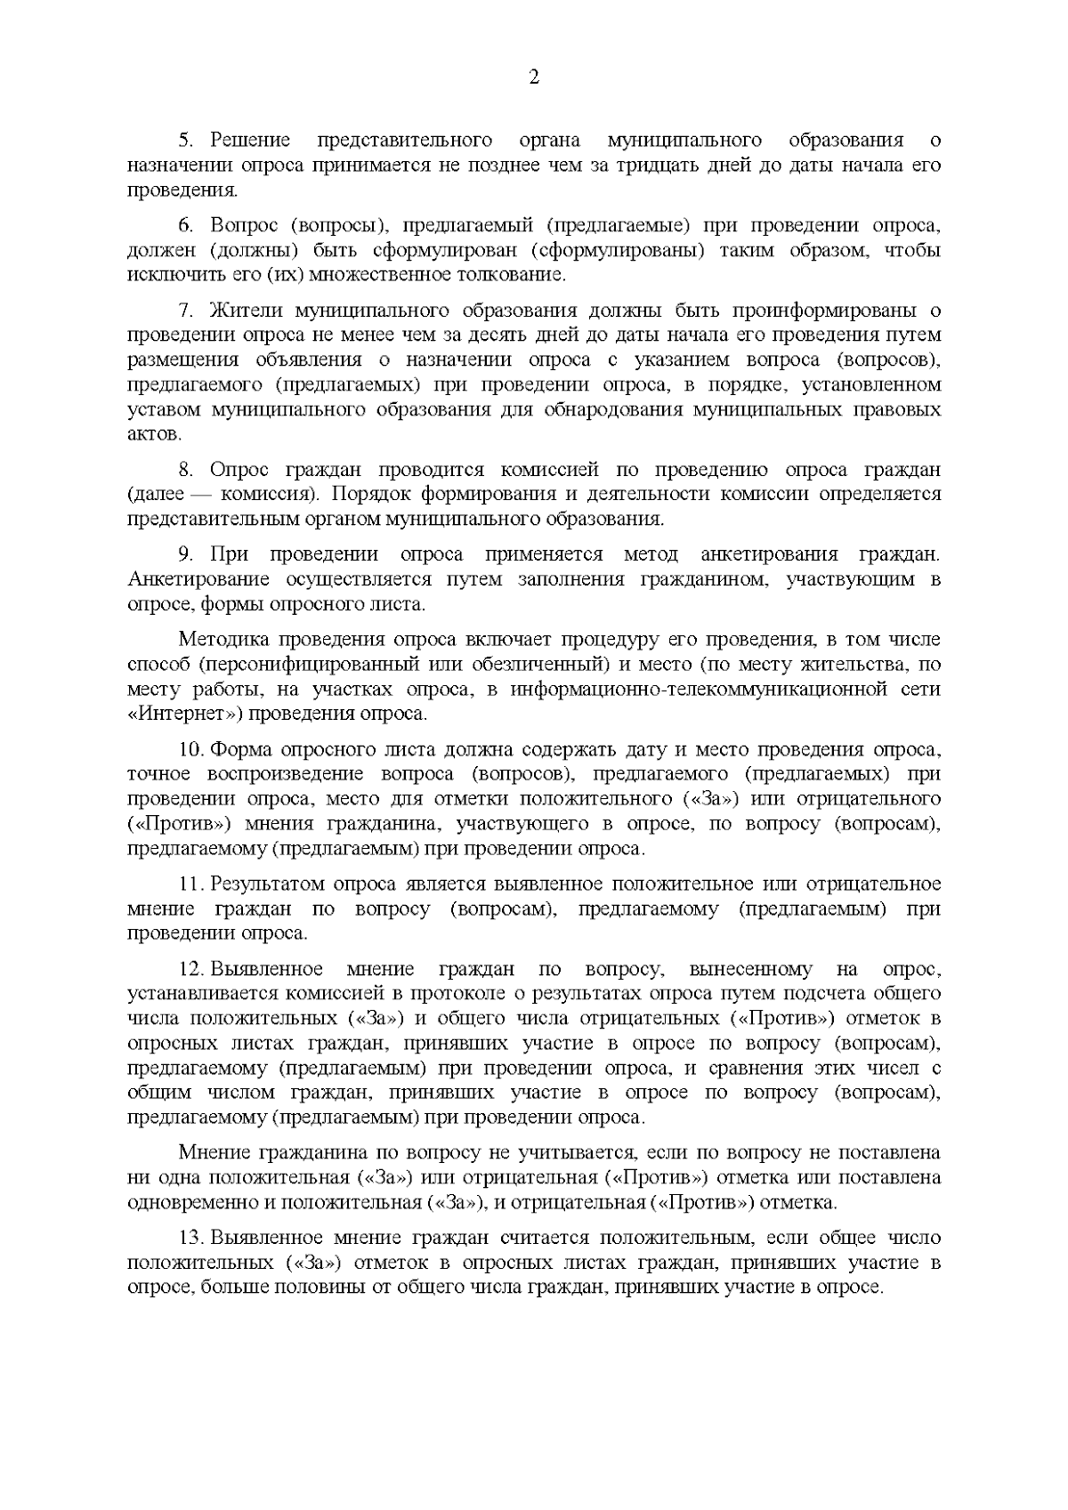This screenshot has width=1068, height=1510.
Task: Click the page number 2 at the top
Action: [534, 77]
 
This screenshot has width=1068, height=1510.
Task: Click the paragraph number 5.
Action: [185, 140]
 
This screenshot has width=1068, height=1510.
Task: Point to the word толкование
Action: [521, 274]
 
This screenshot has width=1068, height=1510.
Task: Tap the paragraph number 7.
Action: [185, 311]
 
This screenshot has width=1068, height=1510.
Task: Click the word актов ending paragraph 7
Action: [154, 435]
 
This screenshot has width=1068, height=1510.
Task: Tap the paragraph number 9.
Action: [185, 554]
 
